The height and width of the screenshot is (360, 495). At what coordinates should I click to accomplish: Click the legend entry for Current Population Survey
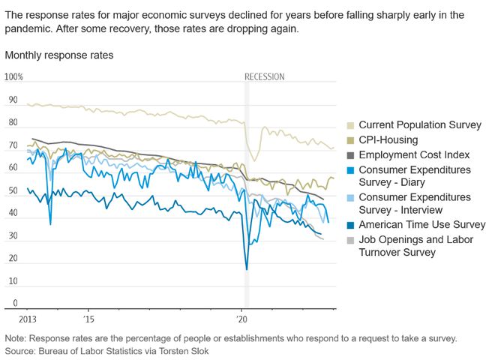420,124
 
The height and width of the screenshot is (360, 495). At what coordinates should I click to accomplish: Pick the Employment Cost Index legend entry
414,154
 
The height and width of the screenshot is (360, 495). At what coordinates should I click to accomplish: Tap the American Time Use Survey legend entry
421,224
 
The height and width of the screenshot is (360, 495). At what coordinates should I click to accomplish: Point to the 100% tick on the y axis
15,77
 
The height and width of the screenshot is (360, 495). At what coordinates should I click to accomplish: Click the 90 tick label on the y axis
12,100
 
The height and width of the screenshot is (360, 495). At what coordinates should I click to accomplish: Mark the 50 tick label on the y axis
12,190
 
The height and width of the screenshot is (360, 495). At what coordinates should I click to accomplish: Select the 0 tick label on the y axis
14,304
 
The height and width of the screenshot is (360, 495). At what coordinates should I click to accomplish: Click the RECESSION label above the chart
265,77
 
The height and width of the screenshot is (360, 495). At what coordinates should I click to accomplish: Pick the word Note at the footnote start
16,338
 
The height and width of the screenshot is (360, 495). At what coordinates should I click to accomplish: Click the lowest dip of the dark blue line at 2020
246,269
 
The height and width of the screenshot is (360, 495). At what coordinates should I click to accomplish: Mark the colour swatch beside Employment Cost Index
350,154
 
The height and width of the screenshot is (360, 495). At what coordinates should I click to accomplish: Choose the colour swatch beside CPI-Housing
350,139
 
